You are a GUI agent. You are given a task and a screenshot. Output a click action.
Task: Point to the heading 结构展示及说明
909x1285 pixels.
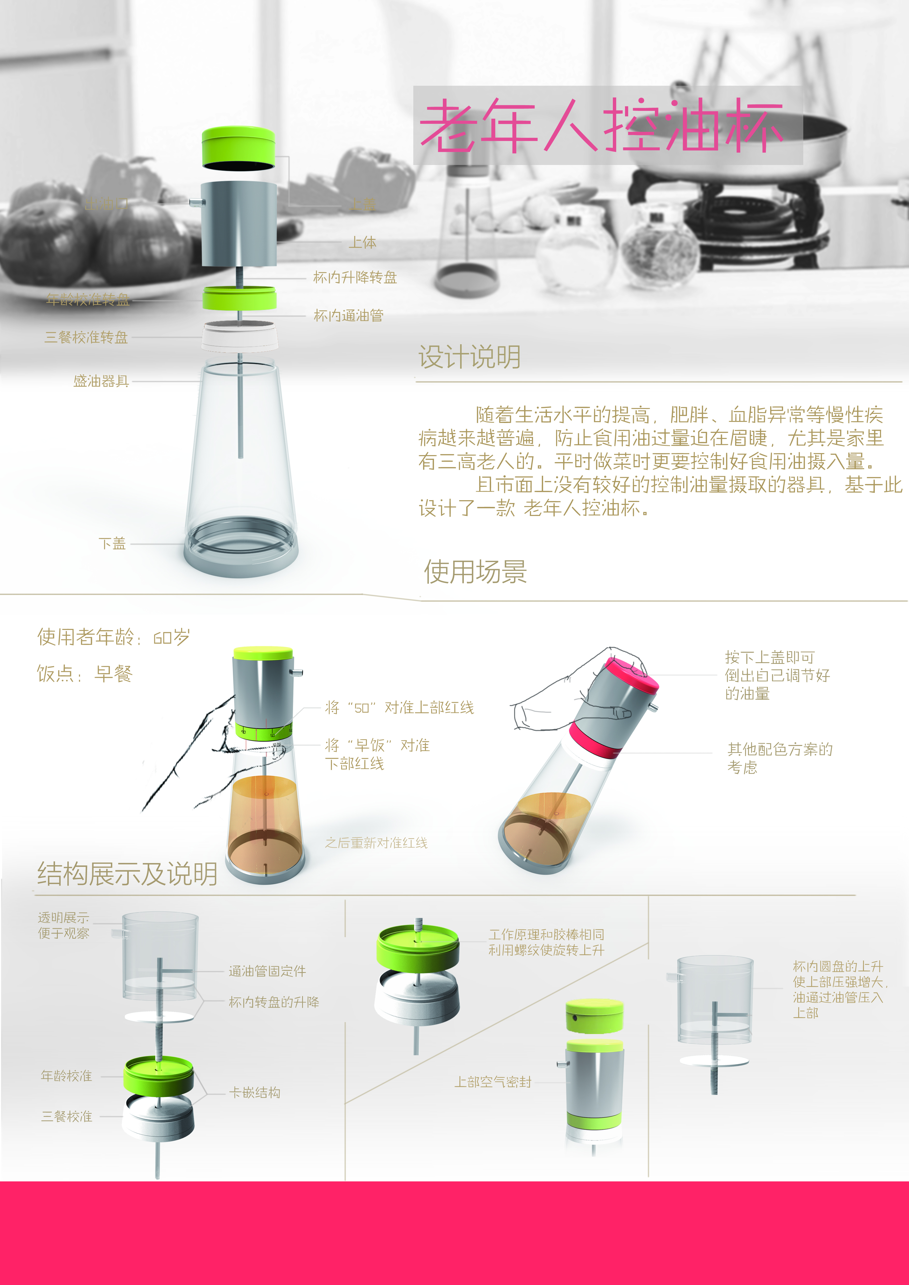point(127,874)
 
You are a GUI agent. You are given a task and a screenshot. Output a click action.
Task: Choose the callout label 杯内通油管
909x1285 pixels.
point(348,316)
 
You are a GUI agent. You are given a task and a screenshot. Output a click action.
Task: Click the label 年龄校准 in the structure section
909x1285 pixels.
point(67,1076)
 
